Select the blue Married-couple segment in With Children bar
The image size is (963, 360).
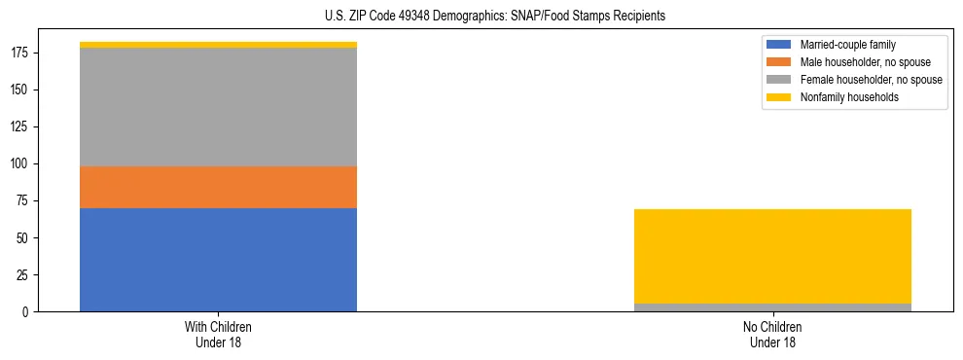218,260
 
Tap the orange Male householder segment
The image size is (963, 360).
218,187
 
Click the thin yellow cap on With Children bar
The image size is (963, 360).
218,45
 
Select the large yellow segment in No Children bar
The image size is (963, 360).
772,256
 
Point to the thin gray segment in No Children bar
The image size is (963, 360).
772,307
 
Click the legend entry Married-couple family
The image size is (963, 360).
847,45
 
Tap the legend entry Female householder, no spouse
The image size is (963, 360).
871,80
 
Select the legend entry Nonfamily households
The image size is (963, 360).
849,97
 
